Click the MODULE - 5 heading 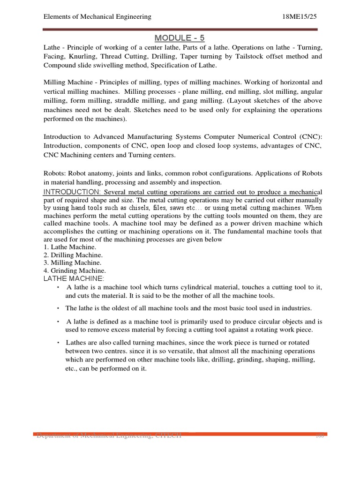pos(180,37)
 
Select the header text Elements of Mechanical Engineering pos(97,16)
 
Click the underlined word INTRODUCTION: pos(72,192)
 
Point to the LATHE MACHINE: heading pos(74,279)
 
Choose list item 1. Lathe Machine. pos(70,247)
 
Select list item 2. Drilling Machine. pos(73,255)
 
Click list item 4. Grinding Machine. pos(75,270)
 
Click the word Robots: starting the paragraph pos(56,173)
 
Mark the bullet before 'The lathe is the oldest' pos(58,308)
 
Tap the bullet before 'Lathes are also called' pos(58,342)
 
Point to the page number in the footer pos(320,435)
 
